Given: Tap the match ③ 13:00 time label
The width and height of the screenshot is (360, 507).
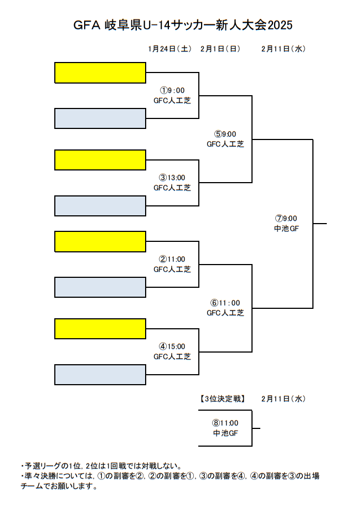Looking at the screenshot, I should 172,178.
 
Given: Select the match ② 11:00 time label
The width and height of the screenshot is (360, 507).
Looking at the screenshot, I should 172,259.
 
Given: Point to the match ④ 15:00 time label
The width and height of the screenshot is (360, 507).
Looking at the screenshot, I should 172,346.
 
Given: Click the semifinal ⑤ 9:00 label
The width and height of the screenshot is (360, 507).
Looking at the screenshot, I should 225,134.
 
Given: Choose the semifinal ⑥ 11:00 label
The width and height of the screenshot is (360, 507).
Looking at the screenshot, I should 225,303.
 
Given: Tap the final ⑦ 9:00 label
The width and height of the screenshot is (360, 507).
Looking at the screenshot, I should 286,218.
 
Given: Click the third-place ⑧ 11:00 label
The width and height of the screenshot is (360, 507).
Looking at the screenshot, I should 225,423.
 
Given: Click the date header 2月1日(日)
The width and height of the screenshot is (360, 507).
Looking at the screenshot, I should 220,49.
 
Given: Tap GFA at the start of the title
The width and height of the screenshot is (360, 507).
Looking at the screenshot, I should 86,25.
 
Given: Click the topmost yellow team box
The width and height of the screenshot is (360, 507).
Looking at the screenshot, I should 100,73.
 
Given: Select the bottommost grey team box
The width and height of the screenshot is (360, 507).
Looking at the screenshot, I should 100,374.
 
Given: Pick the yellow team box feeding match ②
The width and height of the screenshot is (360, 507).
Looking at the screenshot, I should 100,241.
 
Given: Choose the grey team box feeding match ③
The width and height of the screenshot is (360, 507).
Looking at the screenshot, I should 100,205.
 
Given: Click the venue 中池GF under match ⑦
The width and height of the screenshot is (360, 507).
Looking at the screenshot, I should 286,228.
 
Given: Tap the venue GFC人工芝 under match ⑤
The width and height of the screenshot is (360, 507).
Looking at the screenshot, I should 225,144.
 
